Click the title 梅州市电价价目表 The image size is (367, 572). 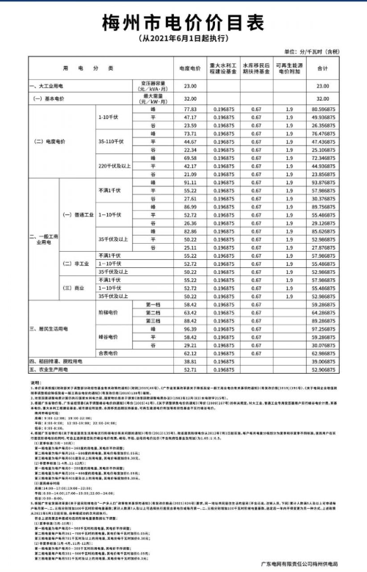(x=183, y=20)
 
